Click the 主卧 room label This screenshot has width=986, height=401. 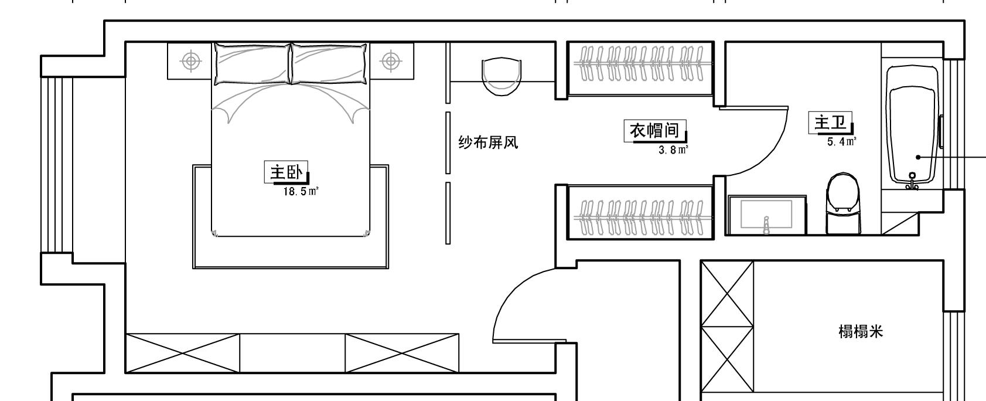coord(285,172)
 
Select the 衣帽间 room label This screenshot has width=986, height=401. coord(654,130)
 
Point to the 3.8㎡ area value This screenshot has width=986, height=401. coord(673,150)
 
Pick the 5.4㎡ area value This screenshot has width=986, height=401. coord(841,141)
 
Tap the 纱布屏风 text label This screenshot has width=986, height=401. coord(488,142)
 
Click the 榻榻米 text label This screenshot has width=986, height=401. coord(860,332)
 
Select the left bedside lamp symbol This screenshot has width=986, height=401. coord(190,60)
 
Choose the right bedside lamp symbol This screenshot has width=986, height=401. coord(391,60)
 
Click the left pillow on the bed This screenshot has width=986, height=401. coord(252,63)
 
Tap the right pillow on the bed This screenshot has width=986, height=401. coord(330,63)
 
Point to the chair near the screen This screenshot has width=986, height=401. coord(501,75)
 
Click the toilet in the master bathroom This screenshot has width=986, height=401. coord(844,202)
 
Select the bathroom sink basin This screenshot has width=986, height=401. coord(766,215)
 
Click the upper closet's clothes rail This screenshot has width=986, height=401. coord(641,63)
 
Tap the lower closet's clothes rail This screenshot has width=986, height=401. coord(641,217)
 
